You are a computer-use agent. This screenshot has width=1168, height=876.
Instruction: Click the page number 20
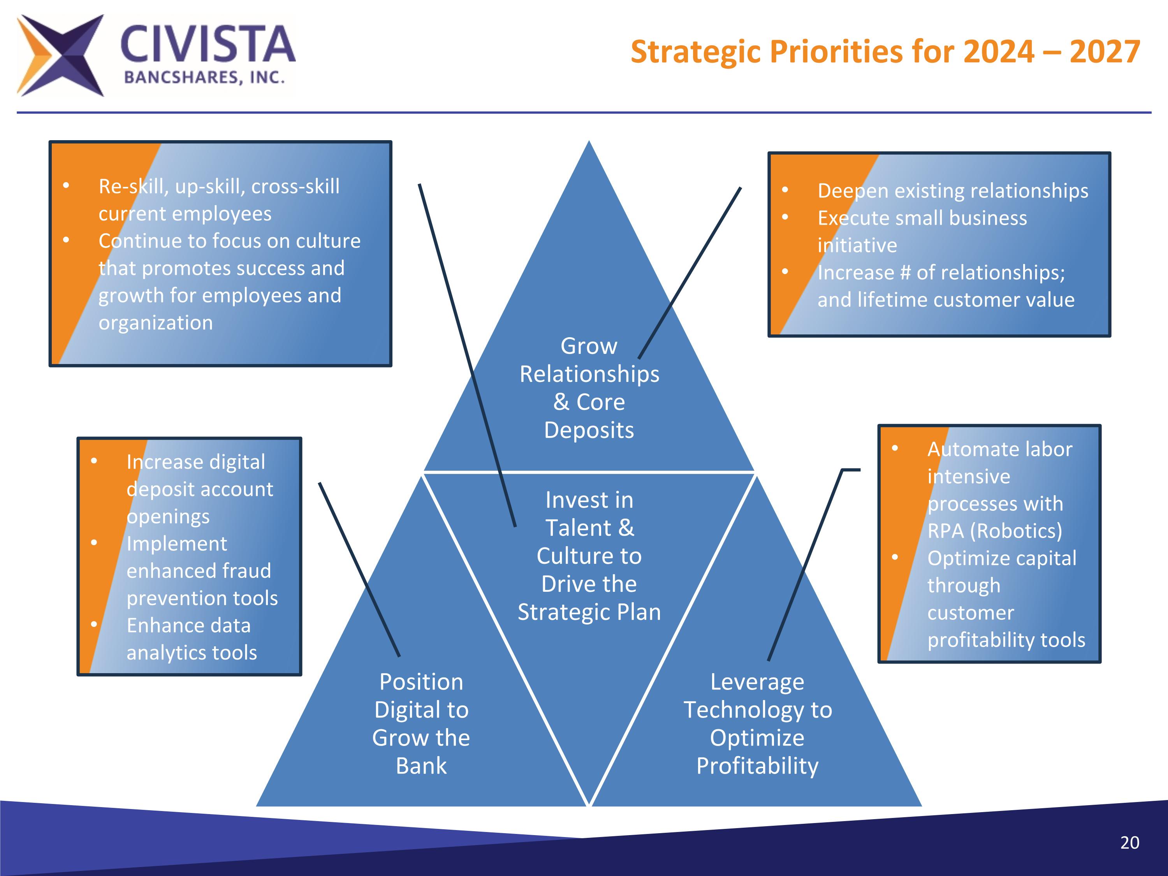(x=1129, y=842)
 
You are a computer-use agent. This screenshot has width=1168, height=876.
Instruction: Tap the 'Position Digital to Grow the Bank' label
(x=421, y=723)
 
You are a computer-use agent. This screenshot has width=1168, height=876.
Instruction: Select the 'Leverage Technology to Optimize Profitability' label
(x=757, y=723)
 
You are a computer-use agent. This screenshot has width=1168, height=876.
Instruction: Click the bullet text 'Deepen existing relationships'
(x=953, y=191)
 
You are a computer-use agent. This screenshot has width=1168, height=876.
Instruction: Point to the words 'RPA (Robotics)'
(x=994, y=531)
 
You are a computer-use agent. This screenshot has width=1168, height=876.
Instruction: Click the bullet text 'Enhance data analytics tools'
(x=191, y=639)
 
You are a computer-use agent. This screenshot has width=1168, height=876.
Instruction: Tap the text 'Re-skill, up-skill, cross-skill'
(x=218, y=186)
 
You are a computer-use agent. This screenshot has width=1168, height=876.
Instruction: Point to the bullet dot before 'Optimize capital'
(x=894, y=558)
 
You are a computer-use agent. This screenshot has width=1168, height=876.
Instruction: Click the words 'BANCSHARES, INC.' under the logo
(x=204, y=78)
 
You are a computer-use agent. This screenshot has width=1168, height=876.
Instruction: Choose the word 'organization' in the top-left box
(x=156, y=323)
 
